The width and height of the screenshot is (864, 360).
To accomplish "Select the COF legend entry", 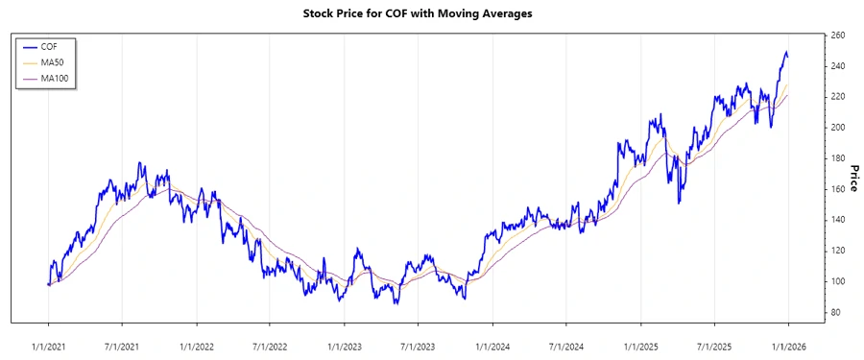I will pyautogui.click(x=50, y=46).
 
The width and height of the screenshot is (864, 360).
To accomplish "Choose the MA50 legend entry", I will pyautogui.click(x=53, y=62).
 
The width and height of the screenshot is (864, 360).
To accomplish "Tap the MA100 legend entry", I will pyautogui.click(x=55, y=78).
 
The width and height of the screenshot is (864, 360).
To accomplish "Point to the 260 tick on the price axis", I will pyautogui.click(x=837, y=36).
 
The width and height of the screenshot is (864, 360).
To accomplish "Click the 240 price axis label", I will pyautogui.click(x=837, y=66).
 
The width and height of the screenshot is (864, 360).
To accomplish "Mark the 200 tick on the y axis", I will pyautogui.click(x=837, y=128).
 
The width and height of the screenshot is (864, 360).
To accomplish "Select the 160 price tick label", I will pyautogui.click(x=837, y=189).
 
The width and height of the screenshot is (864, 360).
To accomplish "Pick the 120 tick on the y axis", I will pyautogui.click(x=837, y=251).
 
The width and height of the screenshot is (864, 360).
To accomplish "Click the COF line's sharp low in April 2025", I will pyautogui.click(x=679, y=203).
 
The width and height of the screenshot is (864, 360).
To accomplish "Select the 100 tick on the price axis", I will pyautogui.click(x=837, y=281).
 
